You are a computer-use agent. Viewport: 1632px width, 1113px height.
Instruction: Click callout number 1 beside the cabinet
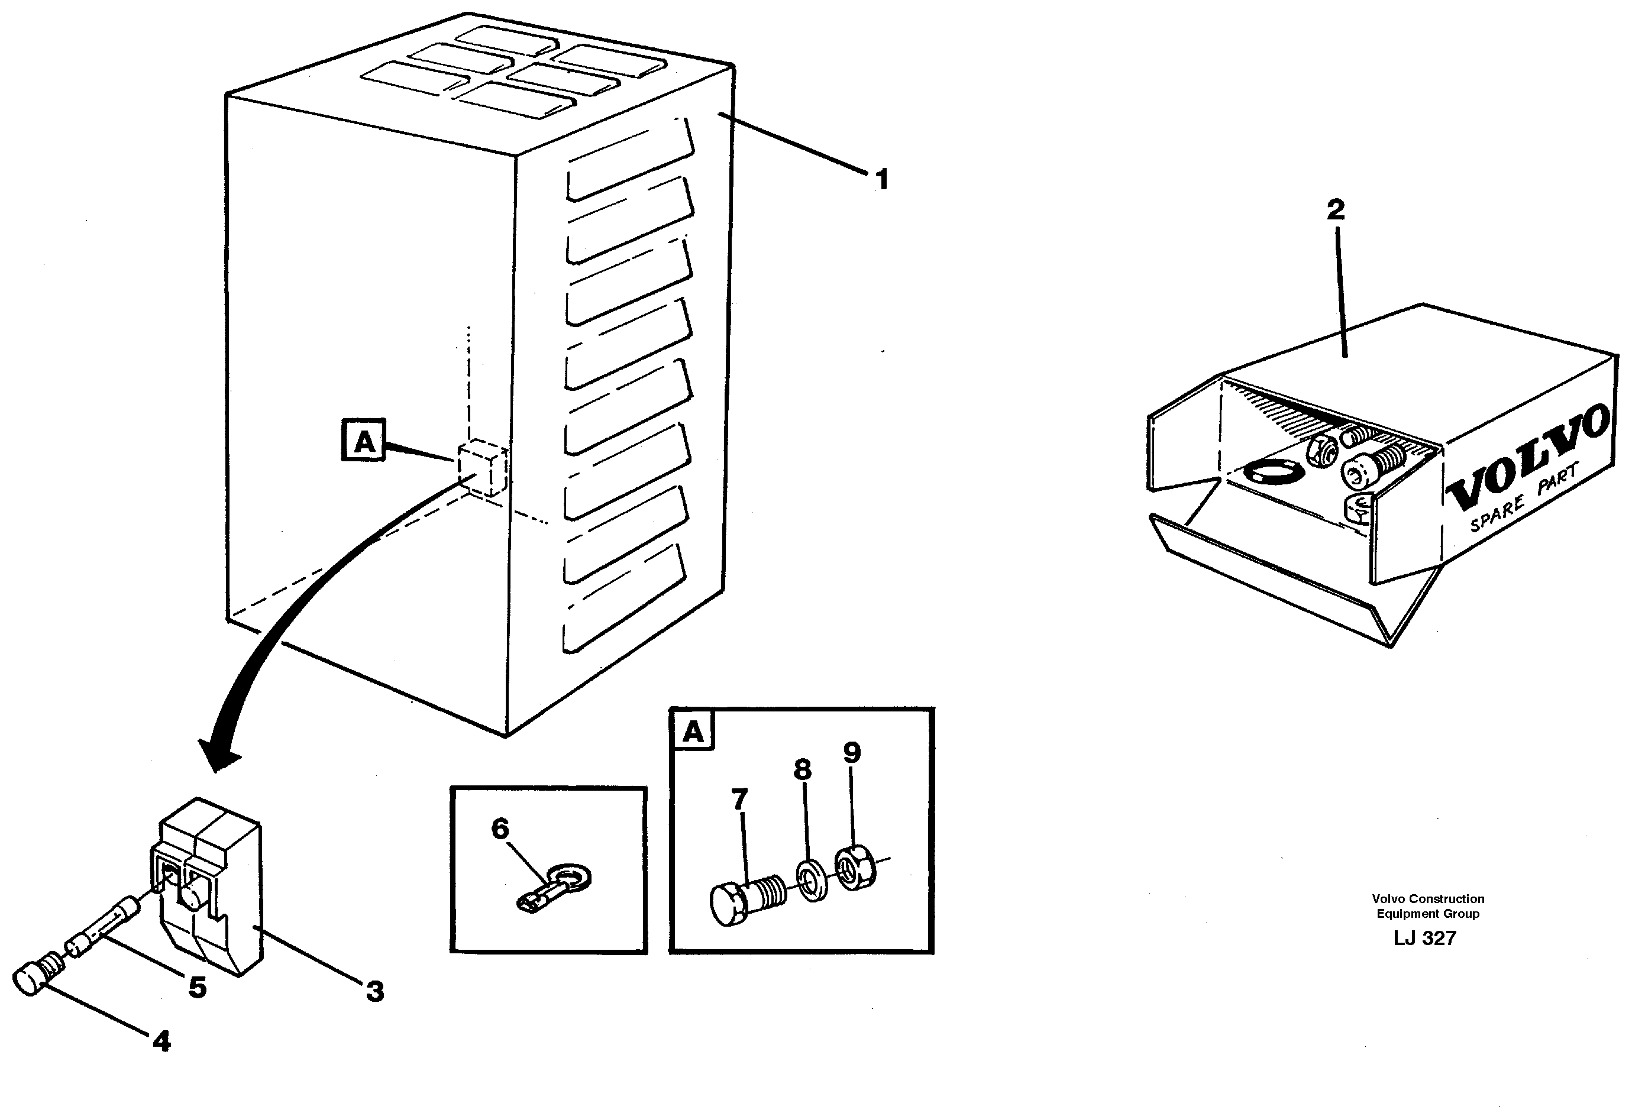882,180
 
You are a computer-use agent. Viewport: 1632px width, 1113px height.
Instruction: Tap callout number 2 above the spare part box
1336,209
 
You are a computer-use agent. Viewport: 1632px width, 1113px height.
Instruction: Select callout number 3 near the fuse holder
375,992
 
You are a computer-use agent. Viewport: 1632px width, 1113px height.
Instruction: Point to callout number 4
161,1041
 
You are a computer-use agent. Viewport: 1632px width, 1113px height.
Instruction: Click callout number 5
198,987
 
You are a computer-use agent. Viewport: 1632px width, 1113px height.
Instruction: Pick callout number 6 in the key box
499,829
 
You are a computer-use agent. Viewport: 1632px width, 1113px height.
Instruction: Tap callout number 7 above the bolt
739,799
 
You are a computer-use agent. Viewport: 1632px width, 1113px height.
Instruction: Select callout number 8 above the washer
803,769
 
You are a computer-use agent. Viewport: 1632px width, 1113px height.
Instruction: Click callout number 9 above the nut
851,753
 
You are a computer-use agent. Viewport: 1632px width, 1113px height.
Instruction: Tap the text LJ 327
1425,938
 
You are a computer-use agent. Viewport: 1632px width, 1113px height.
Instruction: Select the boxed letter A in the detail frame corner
693,732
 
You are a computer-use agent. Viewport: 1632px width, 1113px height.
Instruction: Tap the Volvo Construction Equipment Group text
1428,906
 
